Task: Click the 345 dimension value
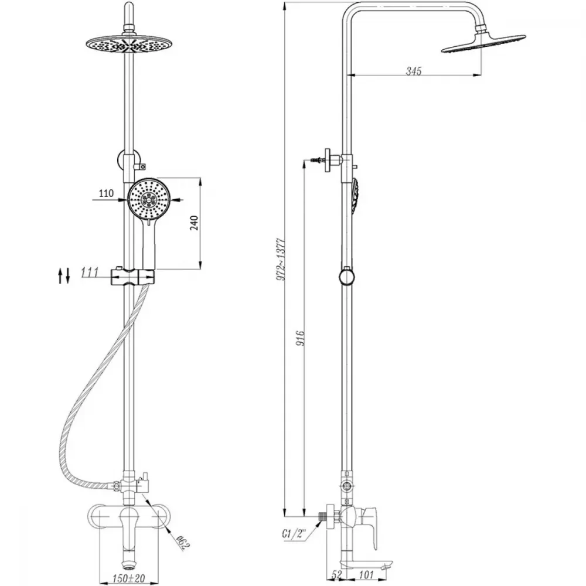click(x=414, y=71)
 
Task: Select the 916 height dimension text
click(x=301, y=338)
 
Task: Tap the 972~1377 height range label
click(x=281, y=259)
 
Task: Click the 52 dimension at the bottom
click(x=337, y=575)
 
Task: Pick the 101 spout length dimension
click(x=367, y=575)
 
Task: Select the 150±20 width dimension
click(x=128, y=579)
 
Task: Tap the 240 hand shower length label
click(x=195, y=223)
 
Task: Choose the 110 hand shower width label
click(x=106, y=193)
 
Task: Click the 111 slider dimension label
click(x=89, y=272)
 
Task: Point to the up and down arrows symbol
click(x=64, y=275)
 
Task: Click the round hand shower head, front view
click(x=149, y=199)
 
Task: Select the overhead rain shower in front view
click(x=128, y=45)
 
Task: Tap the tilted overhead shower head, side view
click(x=483, y=43)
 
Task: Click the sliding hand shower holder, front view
click(x=132, y=277)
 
